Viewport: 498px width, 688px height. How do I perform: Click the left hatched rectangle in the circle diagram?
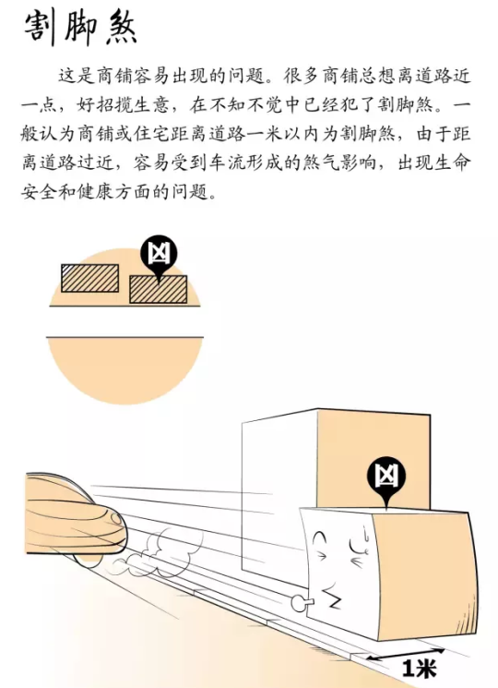click(x=89, y=278)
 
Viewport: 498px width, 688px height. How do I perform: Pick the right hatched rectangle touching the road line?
click(x=158, y=290)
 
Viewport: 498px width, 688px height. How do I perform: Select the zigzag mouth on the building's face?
click(x=332, y=599)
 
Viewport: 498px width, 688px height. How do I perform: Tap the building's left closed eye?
click(x=321, y=537)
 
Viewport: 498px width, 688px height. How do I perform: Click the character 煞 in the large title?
click(x=122, y=28)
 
